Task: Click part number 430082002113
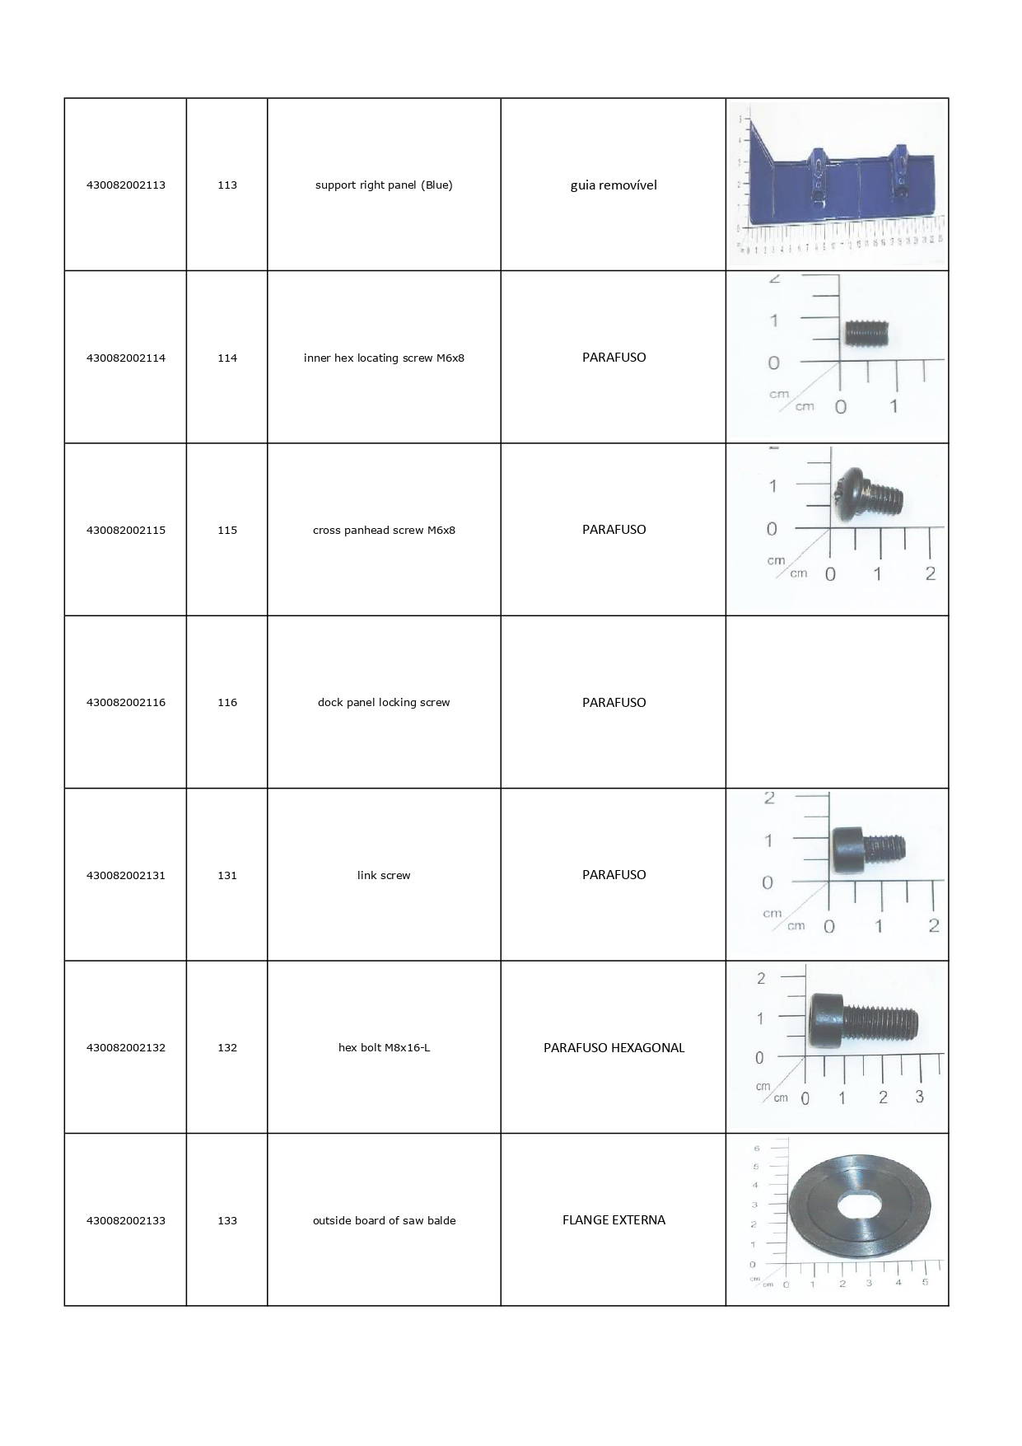coord(126,185)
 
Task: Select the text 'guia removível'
coord(614,185)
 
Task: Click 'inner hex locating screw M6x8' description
coord(384,358)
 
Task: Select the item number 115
coord(227,531)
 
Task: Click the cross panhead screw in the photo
coord(869,496)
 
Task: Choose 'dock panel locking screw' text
coord(384,703)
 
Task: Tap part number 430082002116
coord(126,703)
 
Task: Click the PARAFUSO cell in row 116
coord(614,703)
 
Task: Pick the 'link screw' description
coord(384,876)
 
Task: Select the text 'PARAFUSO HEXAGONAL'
coord(614,1048)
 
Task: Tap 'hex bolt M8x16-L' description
coord(384,1048)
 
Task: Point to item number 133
coord(227,1221)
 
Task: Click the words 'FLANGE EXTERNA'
coord(614,1220)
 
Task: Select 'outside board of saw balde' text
coord(384,1221)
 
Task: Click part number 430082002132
coord(126,1048)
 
